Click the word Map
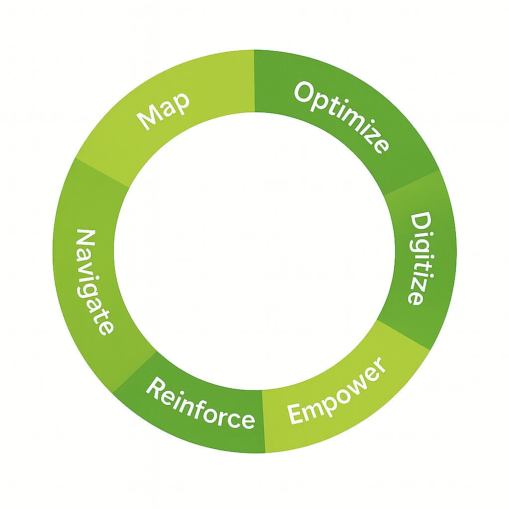point(164,111)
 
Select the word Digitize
point(418,258)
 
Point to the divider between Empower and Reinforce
point(263,421)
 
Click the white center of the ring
point(254,252)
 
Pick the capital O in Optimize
point(304,92)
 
